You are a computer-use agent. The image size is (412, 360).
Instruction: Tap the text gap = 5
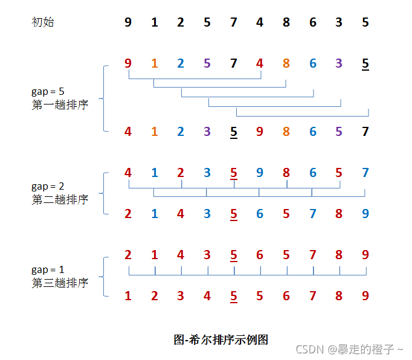click(48, 92)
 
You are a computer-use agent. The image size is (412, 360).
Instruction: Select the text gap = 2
click(48, 187)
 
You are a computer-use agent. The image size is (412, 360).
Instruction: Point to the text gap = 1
click(48, 269)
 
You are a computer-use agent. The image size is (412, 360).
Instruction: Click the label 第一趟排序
click(60, 104)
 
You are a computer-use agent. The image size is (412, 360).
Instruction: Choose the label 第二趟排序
click(60, 199)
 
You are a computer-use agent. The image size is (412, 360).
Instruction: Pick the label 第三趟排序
click(60, 282)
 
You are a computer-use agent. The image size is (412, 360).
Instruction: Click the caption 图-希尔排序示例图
click(220, 339)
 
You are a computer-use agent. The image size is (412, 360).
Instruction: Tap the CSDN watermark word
click(309, 349)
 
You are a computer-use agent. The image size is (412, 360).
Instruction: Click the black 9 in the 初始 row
click(128, 22)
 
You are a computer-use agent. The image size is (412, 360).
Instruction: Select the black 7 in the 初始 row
click(234, 22)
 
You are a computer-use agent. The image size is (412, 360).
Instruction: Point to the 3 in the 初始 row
click(339, 22)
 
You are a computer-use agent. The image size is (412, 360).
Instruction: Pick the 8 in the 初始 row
click(286, 22)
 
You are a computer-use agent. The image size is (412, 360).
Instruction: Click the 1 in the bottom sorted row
click(128, 296)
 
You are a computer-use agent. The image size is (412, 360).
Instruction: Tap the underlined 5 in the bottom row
click(234, 296)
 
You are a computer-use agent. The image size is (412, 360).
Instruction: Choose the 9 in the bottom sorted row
click(365, 296)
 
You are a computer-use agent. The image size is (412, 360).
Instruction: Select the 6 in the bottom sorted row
click(286, 296)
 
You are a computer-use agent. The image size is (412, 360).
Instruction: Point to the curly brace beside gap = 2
click(105, 193)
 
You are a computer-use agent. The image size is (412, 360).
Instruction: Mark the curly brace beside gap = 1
click(105, 276)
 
